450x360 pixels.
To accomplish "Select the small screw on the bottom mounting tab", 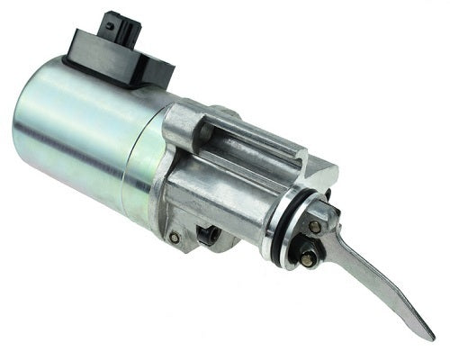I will coord(174,238).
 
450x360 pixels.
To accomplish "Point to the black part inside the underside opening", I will coord(209,236).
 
